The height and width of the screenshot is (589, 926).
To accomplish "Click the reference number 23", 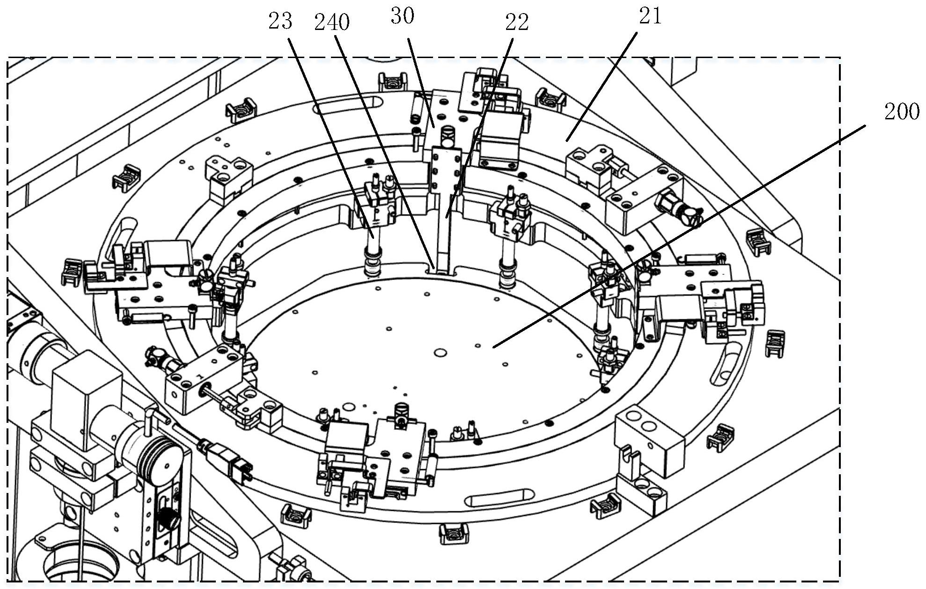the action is coord(280,22).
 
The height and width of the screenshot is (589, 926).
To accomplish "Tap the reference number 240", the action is coord(332,22).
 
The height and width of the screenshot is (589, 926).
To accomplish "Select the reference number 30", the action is coord(402,16).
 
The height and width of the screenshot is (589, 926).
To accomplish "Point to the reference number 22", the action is coord(516,22).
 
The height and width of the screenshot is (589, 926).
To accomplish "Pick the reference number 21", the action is coord(650,16).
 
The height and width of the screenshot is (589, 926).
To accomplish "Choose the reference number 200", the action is coord(902,112).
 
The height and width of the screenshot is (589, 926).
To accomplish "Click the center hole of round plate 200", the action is coord(440,352).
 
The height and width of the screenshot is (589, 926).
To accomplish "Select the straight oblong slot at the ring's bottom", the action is coord(501,498).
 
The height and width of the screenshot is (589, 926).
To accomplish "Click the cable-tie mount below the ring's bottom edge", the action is coord(453,533).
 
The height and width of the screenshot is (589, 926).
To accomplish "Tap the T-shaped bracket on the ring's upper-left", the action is coord(229,177).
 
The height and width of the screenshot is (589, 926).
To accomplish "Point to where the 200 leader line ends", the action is coord(493,347).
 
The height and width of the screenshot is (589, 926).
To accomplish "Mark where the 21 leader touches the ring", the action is coord(566,140).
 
